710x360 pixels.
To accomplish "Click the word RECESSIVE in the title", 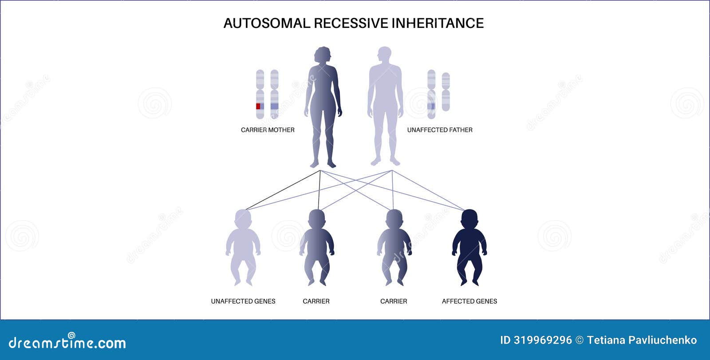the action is click(x=351, y=23).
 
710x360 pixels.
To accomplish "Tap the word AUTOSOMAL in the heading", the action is click(x=267, y=23).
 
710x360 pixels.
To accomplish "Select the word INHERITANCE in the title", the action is click(x=438, y=23).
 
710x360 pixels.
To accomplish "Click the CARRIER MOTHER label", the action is click(x=268, y=130).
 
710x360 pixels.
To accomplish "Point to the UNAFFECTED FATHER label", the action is click(x=440, y=130).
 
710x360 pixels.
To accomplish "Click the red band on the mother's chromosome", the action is click(x=258, y=106).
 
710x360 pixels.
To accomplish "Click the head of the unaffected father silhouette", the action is click(x=384, y=55).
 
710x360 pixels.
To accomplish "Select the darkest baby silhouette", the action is click(x=469, y=247).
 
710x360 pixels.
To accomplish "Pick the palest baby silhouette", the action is click(x=243, y=247).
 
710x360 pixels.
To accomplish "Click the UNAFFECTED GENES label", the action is click(x=243, y=301).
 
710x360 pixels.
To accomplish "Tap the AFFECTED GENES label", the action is click(x=469, y=301).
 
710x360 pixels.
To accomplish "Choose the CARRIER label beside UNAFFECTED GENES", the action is click(x=316, y=301).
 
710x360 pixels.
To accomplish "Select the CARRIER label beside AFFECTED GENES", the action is click(x=394, y=301).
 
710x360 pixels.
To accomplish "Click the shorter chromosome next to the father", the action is click(x=446, y=92).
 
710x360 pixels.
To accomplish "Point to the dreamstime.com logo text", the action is click(x=67, y=342).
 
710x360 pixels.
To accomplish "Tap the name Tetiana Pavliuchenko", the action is click(x=642, y=340).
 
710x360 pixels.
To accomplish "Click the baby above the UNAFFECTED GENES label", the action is click(x=243, y=247).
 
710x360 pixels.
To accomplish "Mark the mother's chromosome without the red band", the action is click(x=275, y=94).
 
